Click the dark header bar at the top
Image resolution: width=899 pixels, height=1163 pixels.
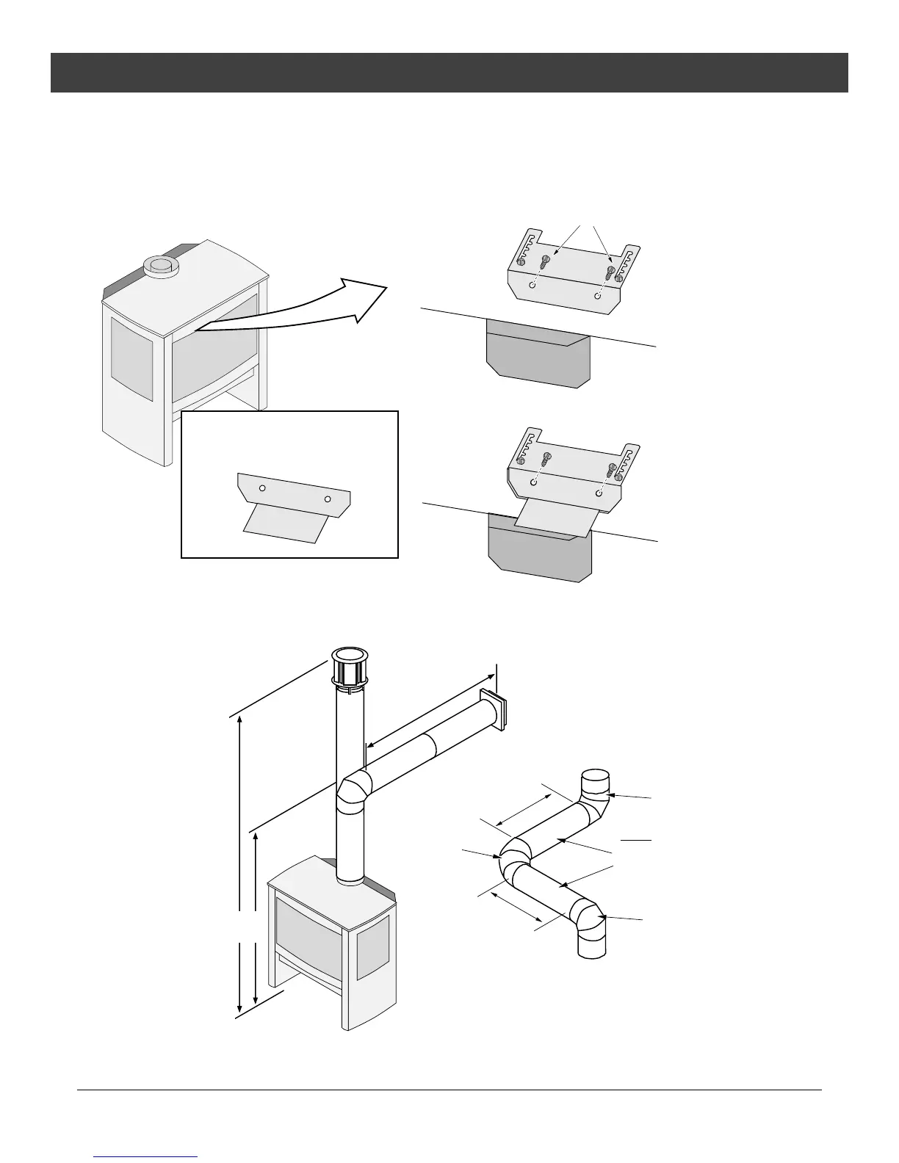click(449, 73)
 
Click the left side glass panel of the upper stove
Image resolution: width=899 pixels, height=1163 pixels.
click(131, 358)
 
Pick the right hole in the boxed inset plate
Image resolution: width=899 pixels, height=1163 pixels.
click(328, 499)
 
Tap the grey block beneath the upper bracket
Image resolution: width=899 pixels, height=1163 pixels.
click(538, 358)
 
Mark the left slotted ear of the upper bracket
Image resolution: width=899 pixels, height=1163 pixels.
click(522, 249)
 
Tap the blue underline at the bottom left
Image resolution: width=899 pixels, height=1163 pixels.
click(146, 1157)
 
